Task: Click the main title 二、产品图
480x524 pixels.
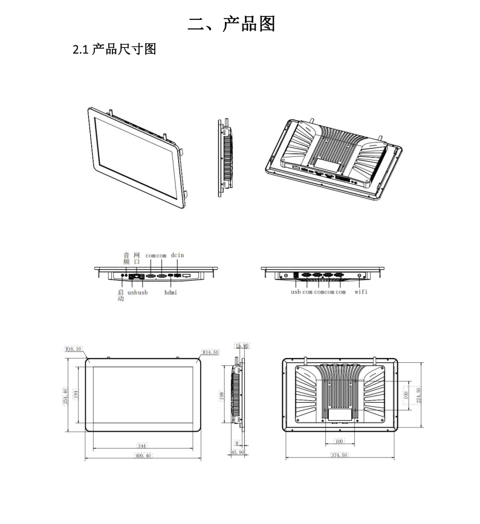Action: point(232,24)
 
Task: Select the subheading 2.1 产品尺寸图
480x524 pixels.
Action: point(114,50)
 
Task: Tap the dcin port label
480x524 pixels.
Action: point(177,255)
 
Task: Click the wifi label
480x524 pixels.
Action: point(361,292)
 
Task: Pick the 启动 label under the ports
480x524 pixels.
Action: point(121,295)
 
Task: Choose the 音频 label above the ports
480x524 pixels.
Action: point(126,258)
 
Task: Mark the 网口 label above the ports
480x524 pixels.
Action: point(137,258)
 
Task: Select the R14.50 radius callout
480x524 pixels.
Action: point(210,351)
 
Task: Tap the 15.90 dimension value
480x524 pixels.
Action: point(242,346)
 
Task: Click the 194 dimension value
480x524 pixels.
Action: point(76,394)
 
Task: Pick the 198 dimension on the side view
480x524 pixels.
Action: point(222,395)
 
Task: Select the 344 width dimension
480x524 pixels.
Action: point(143,446)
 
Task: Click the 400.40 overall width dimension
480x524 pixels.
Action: point(143,456)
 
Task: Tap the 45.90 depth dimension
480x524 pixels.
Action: point(237,452)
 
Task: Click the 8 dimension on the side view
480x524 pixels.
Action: point(238,444)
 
